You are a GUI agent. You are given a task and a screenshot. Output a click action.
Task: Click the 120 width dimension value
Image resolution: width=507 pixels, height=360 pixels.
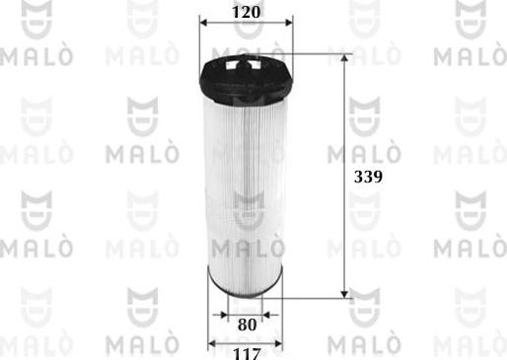[x=248, y=12]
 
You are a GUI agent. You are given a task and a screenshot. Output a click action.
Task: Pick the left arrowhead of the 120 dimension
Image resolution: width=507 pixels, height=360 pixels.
[x=203, y=27]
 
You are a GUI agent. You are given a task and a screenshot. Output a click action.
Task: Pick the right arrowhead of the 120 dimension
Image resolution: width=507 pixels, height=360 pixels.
[x=291, y=27]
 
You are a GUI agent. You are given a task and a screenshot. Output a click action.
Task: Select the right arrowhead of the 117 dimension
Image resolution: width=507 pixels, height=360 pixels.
[x=284, y=343]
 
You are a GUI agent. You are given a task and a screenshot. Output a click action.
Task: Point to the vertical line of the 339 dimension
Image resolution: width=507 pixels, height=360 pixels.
[x=344, y=178]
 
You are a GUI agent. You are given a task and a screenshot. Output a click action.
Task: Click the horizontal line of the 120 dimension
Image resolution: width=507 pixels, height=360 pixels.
[x=247, y=27]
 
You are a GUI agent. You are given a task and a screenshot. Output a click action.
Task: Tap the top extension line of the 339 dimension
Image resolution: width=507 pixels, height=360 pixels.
[x=316, y=54]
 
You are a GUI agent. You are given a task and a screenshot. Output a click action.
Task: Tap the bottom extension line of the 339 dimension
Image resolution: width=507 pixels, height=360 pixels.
[x=316, y=294]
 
